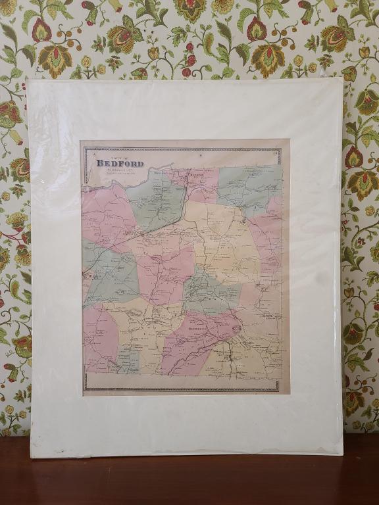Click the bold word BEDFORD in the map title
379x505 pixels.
120,163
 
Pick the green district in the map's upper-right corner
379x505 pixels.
245,185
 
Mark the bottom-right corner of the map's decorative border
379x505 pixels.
281,391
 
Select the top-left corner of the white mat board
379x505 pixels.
28,82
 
